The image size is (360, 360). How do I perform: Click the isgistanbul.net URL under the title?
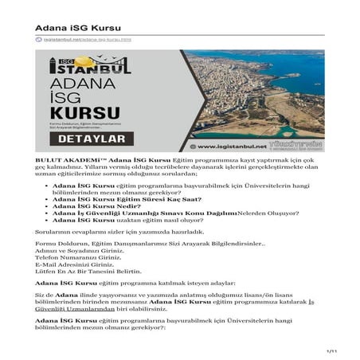point(82,38)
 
